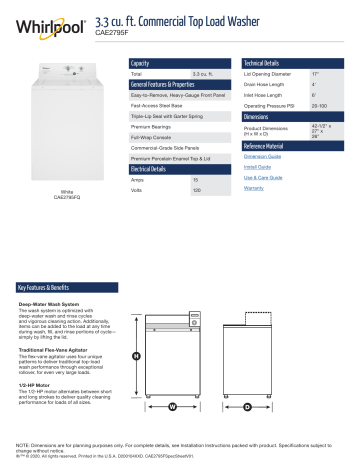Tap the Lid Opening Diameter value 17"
click(314, 75)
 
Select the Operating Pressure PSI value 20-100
click(320, 104)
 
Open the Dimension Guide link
click(262, 157)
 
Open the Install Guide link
click(257, 167)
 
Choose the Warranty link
click(253, 188)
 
